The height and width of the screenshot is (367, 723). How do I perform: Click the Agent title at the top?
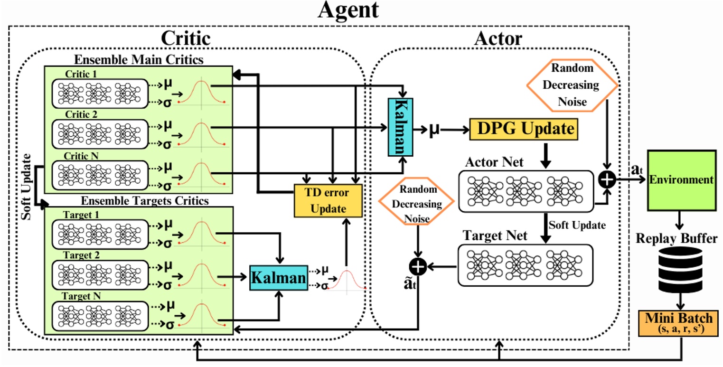(348, 10)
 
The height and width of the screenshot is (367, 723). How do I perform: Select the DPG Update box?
(525, 129)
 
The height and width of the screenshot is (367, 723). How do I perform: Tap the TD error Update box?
(328, 200)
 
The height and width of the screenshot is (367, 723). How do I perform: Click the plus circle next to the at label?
(608, 179)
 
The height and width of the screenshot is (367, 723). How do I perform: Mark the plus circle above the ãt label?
(418, 268)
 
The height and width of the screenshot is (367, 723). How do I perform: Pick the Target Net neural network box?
(526, 265)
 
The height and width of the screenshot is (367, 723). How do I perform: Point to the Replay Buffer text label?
(683, 239)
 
